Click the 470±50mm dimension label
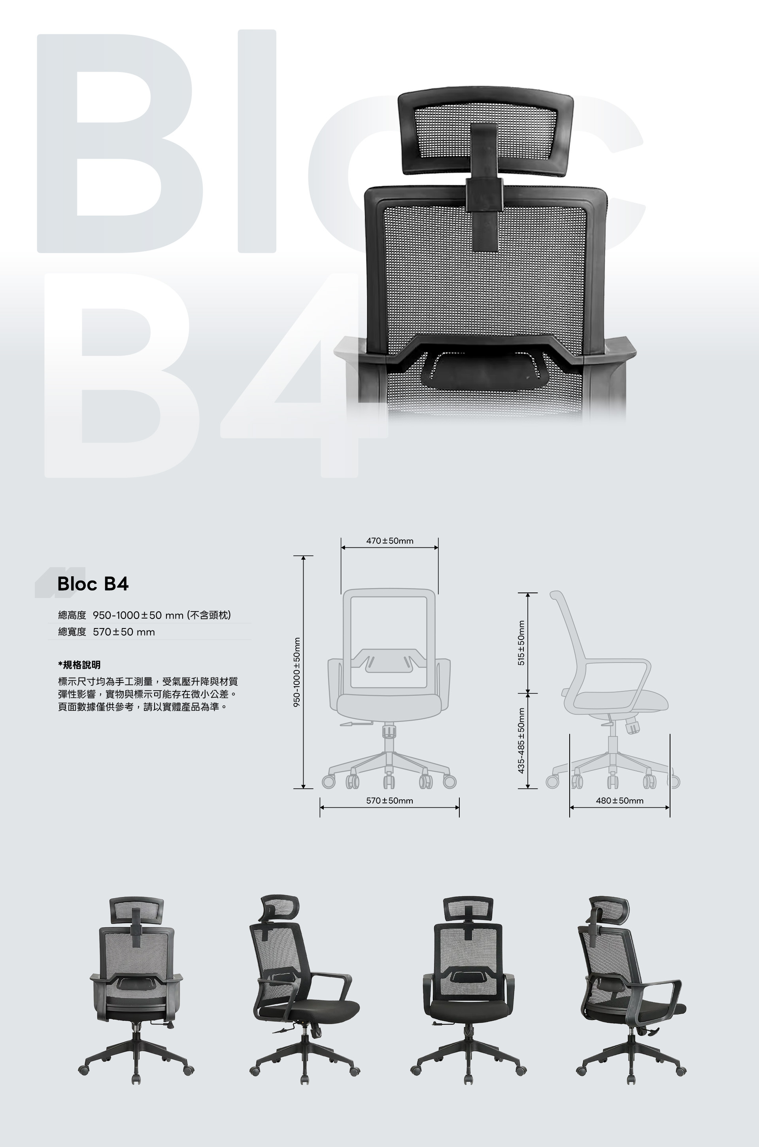pyautogui.click(x=390, y=541)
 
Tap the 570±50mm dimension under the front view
pyautogui.click(x=390, y=801)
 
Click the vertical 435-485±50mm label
pyautogui.click(x=521, y=740)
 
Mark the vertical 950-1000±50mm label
pyautogui.click(x=297, y=672)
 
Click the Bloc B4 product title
pyautogui.click(x=93, y=583)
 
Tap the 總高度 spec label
pyautogui.click(x=72, y=615)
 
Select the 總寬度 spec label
pyautogui.click(x=72, y=632)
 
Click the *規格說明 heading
pyautogui.click(x=79, y=665)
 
